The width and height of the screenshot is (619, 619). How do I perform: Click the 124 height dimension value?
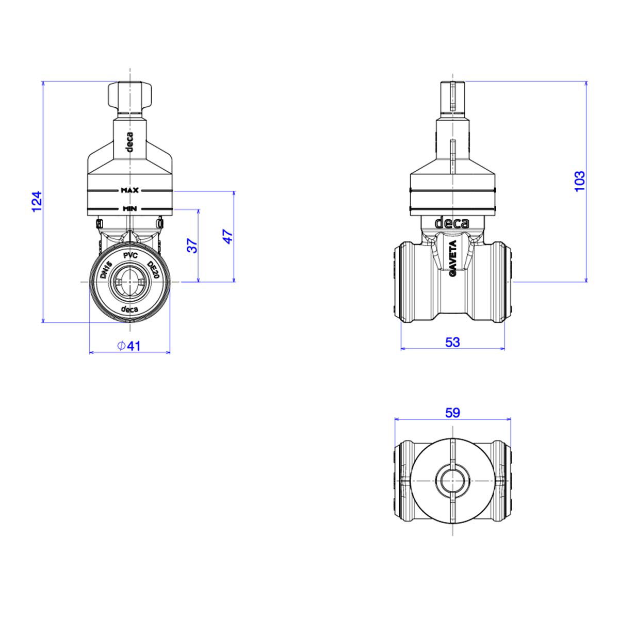click(x=37, y=201)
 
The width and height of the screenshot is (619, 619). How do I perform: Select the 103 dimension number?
click(x=579, y=181)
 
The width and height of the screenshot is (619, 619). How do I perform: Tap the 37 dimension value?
click(x=192, y=246)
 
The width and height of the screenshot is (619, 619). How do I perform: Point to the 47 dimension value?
click(x=227, y=236)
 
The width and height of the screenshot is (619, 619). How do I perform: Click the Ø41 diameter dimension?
click(x=129, y=346)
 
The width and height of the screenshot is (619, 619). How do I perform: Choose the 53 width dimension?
click(x=452, y=342)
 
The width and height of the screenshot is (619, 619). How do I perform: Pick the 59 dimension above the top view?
click(x=452, y=413)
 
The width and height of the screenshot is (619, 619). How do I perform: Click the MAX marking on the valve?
click(x=129, y=190)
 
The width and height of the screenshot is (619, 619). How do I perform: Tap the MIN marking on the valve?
click(x=130, y=208)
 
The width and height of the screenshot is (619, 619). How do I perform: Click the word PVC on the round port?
click(x=131, y=256)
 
